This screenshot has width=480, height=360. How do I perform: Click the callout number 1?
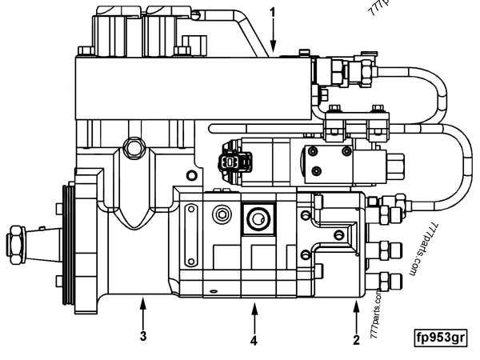click(274, 14)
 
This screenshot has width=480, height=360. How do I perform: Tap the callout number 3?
click(143, 336)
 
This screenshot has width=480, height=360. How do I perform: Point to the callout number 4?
click(254, 340)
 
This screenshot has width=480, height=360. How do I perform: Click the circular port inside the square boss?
click(258, 217)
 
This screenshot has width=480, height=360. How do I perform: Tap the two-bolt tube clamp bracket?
click(356, 124)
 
